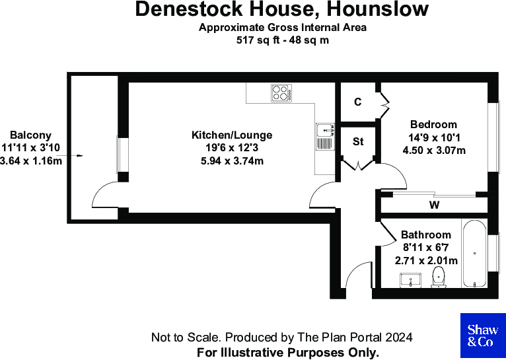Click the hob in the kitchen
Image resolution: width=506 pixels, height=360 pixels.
(x=281, y=93)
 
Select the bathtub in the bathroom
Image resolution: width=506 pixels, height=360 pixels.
(x=473, y=255)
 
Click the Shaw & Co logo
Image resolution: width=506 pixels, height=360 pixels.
(x=482, y=336)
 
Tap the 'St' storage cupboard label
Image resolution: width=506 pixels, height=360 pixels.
(x=358, y=141)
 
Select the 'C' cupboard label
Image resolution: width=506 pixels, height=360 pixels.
(x=357, y=102)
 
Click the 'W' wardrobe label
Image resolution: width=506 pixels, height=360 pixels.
(x=434, y=205)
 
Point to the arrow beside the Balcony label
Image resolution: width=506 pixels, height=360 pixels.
(x=77, y=156)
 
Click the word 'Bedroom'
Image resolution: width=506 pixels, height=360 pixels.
(x=433, y=124)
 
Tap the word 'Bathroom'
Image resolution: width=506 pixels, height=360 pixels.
(x=426, y=234)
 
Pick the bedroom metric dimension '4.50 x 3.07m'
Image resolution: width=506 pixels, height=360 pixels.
(x=434, y=150)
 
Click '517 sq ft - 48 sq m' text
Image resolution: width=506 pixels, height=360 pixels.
(x=283, y=40)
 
